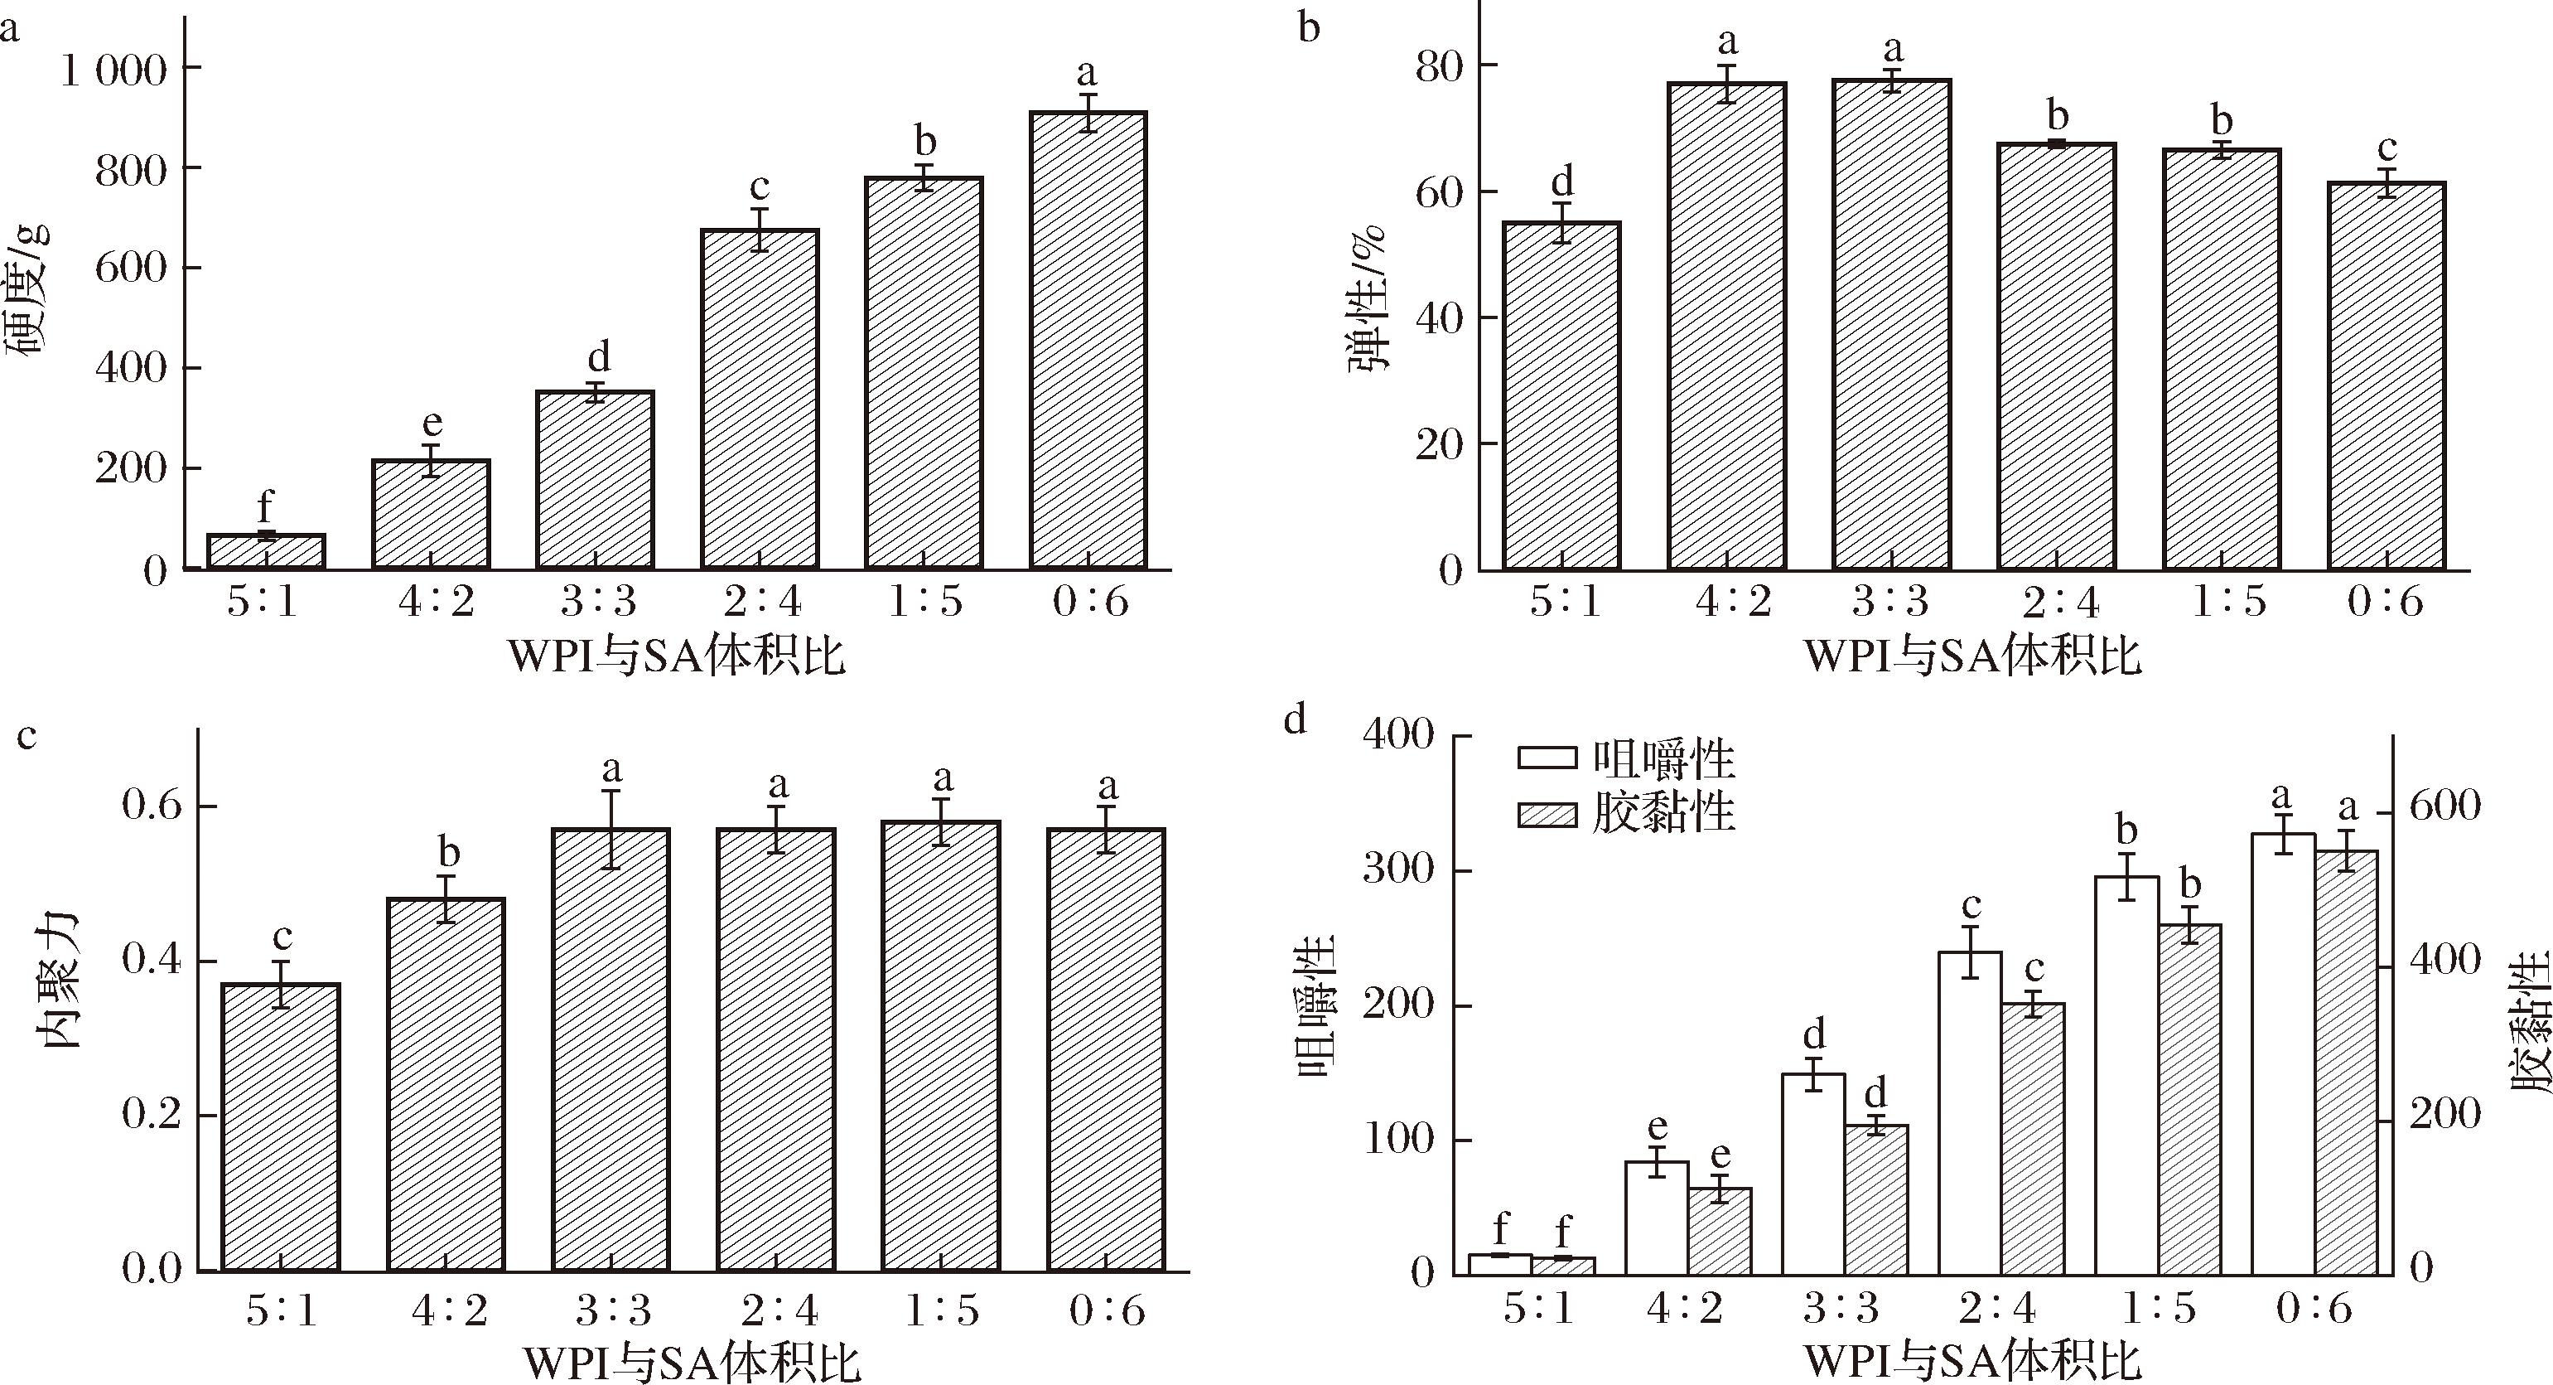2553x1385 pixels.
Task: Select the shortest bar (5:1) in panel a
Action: coord(267,551)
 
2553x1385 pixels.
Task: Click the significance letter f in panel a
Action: coord(264,507)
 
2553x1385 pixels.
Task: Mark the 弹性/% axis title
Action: coord(1368,298)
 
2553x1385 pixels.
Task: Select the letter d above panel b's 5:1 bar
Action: coord(1562,182)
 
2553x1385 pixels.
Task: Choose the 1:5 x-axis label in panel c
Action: coord(942,1311)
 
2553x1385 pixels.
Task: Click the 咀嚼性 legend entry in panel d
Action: coord(1625,759)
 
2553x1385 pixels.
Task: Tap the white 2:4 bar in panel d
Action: coord(1970,1111)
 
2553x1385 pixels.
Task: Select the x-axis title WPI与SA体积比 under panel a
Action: coord(676,657)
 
